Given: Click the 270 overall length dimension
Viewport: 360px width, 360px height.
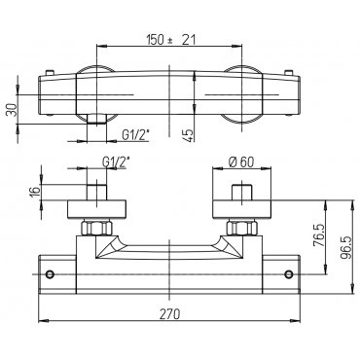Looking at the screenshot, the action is click(169, 314).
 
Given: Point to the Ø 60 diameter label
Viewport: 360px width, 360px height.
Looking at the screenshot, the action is click(240, 162).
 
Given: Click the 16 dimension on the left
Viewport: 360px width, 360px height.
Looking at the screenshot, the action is click(36, 191).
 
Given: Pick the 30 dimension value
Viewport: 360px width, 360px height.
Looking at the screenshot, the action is click(11, 110).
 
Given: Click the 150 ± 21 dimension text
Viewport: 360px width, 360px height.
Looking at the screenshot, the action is click(171, 40).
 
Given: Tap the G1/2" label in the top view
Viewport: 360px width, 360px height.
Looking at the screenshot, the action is click(135, 134).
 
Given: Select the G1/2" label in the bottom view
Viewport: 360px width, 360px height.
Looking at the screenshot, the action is click(117, 162).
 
